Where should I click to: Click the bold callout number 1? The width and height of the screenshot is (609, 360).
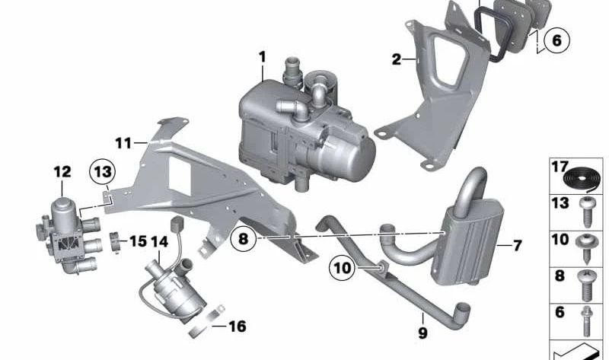click(x=263, y=58)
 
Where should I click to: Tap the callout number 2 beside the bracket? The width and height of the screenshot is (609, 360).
click(x=396, y=59)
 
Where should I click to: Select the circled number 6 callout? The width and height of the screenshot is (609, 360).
click(x=556, y=40)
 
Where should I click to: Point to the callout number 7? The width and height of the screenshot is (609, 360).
click(x=517, y=245)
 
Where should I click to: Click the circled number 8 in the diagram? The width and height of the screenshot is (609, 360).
click(x=243, y=238)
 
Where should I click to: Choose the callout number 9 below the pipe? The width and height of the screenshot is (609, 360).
click(x=422, y=333)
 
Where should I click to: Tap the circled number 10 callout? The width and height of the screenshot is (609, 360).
click(x=342, y=268)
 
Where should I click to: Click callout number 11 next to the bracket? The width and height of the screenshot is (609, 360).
click(x=124, y=143)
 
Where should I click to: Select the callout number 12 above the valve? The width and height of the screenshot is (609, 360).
click(x=62, y=172)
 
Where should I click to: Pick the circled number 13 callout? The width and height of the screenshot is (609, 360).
click(x=103, y=171)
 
